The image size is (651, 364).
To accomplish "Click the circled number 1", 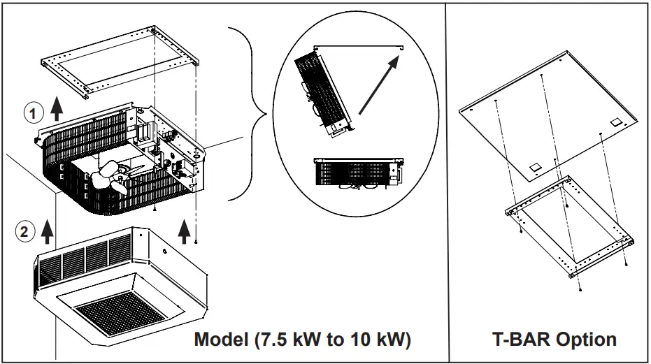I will coord(32,111).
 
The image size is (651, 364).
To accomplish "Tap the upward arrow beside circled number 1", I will coord(57,108).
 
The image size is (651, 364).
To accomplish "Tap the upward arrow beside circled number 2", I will coord(48,229).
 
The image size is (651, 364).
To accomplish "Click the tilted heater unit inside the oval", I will coord(323,88).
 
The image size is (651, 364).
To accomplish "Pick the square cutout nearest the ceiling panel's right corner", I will coord(616,122).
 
